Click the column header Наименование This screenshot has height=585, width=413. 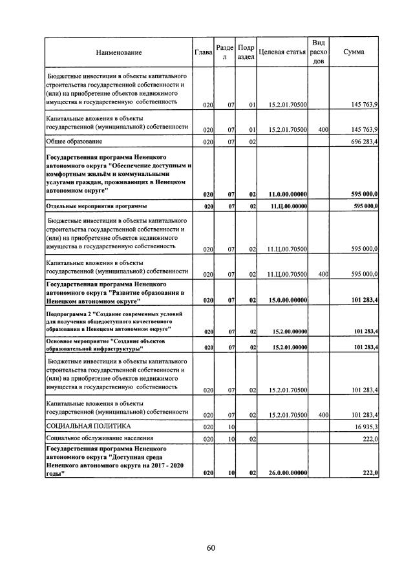pyautogui.click(x=118, y=52)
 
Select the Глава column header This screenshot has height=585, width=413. pyautogui.click(x=204, y=52)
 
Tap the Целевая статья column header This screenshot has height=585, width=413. pyautogui.click(x=282, y=52)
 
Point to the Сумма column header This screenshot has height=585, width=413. pyautogui.click(x=354, y=52)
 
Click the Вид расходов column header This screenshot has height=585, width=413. pyautogui.click(x=319, y=52)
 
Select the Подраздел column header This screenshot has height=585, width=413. pyautogui.click(x=247, y=52)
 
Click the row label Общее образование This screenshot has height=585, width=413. pyautogui.click(x=74, y=141)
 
